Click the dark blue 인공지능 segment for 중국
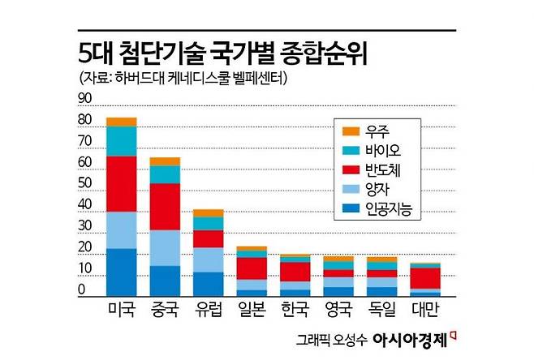tap(165, 280)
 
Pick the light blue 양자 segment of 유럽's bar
tap(209, 259)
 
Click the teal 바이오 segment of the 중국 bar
tap(165, 174)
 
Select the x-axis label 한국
tap(295, 309)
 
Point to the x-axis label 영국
tap(339, 309)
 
